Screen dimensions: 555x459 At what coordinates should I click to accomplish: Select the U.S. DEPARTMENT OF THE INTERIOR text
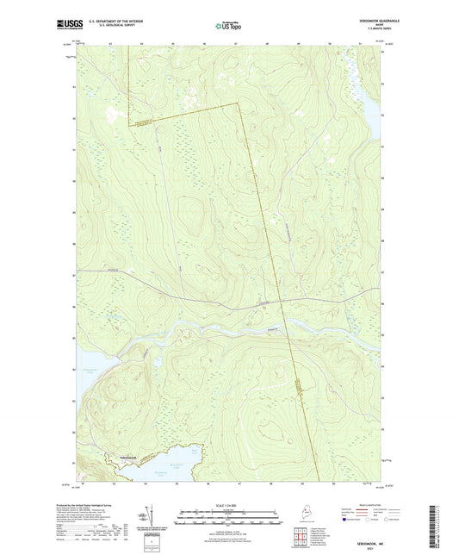coord(114,22)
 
